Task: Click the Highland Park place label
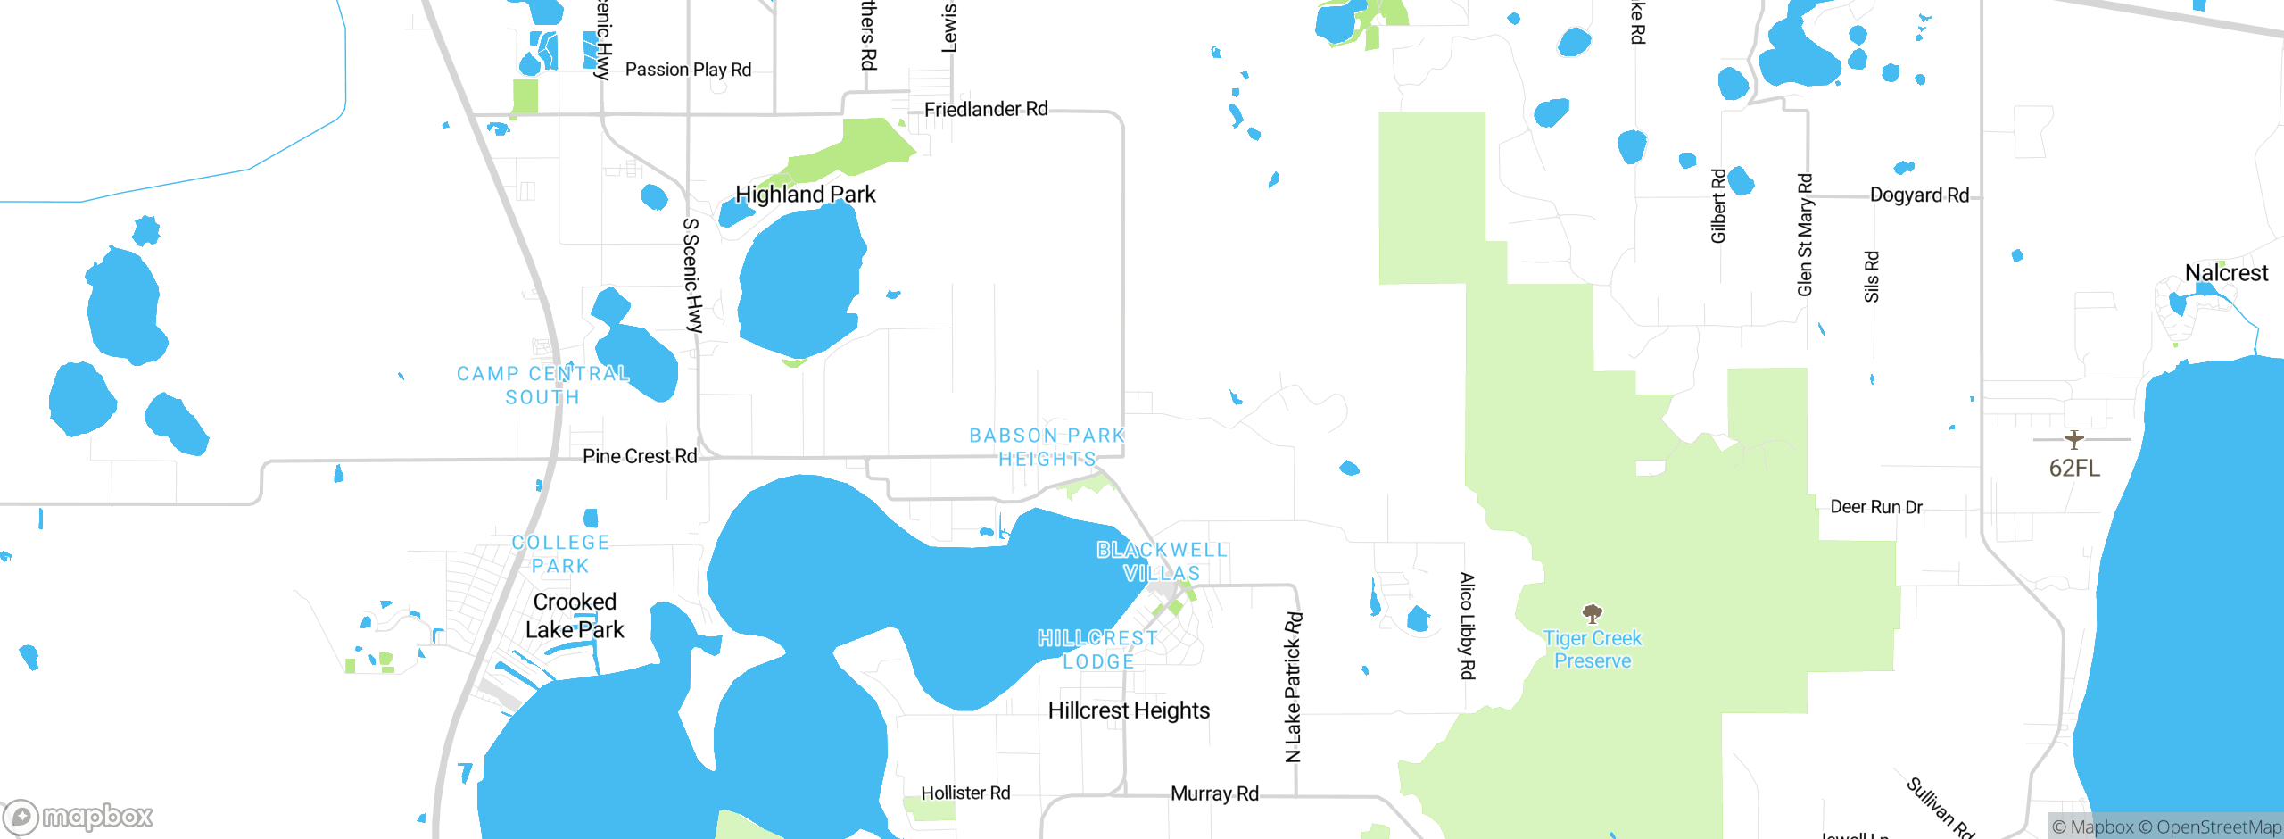805,195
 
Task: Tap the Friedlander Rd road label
986,110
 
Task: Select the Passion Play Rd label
688,70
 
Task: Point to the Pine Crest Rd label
640,456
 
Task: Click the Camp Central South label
542,386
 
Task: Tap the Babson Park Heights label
1047,447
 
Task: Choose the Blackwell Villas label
1162,561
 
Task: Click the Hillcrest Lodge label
1098,650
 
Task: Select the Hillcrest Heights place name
1129,710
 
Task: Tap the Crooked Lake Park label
575,616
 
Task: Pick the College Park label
560,554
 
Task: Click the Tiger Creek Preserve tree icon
1593,613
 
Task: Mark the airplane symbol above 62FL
2074,439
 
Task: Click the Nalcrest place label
2226,273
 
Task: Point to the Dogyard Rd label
1919,195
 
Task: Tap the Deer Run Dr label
1876,507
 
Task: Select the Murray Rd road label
1214,793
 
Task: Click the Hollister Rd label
965,793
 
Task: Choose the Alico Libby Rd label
1467,626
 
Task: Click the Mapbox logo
79,816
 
